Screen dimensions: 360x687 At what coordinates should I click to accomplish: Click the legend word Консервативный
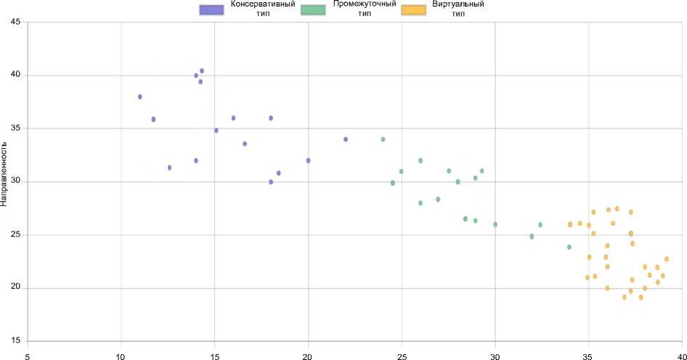tap(262, 4)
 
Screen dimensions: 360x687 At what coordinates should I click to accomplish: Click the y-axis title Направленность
tap(5, 174)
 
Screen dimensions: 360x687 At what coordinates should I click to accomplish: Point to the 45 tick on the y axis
tap(16, 22)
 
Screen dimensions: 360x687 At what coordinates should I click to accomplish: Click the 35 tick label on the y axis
tap(16, 128)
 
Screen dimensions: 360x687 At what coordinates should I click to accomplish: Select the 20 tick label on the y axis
tap(16, 288)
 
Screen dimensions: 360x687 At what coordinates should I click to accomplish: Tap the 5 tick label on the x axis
tap(28, 356)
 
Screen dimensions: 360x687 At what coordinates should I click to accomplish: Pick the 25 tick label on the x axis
tap(402, 356)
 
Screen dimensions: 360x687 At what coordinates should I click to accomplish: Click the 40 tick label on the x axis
tap(681, 356)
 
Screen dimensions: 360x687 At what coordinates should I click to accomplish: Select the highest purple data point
tap(202, 71)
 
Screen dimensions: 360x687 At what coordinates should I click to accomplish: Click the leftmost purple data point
tap(140, 97)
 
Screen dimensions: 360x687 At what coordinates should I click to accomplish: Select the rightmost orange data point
tap(667, 259)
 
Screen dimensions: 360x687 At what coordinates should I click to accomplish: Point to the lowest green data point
tap(569, 247)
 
